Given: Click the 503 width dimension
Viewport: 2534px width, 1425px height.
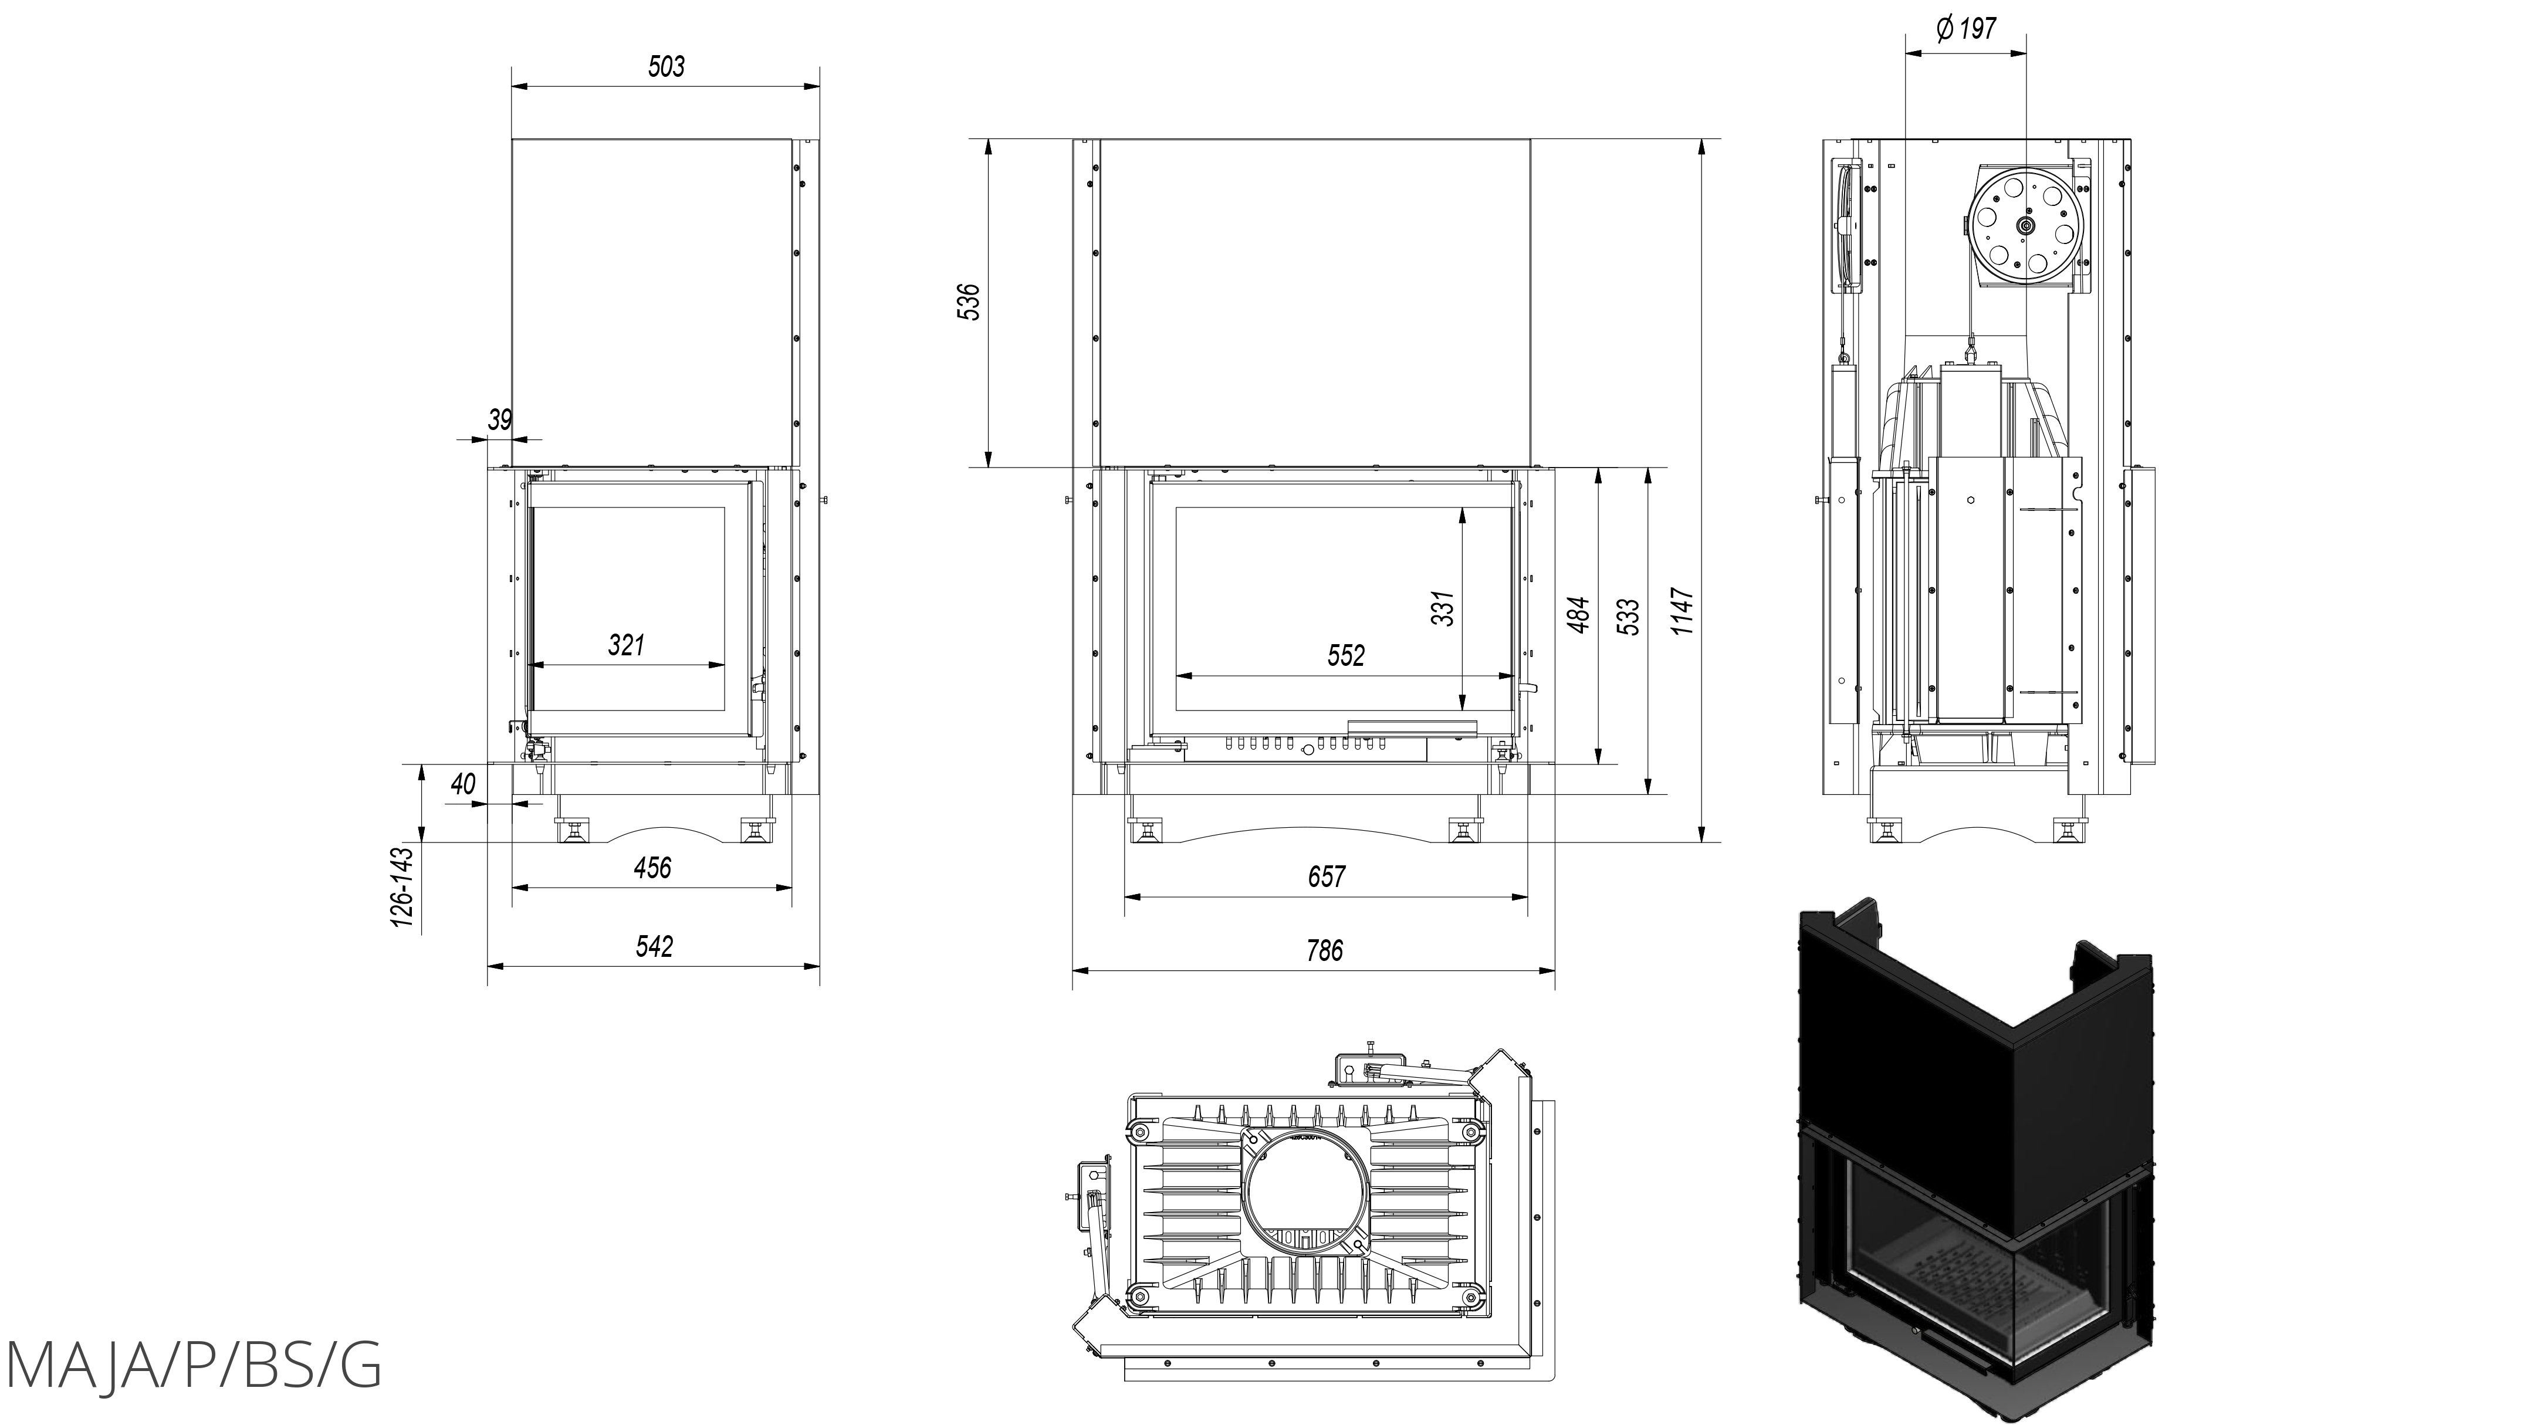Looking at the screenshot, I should click(666, 67).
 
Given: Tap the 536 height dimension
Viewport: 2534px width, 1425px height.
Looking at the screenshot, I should click(969, 302).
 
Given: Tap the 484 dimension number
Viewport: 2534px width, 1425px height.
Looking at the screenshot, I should click(1579, 615).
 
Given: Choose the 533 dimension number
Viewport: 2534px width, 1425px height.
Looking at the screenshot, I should click(1628, 617).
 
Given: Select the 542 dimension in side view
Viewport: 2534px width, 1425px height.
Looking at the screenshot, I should click(654, 946).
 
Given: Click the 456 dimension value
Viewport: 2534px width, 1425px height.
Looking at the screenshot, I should click(652, 868).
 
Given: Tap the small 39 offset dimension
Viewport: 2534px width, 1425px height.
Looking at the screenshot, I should click(500, 420).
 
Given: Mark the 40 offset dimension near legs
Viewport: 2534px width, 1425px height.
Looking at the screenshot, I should click(462, 784).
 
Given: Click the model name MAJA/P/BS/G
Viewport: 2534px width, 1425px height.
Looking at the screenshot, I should click(193, 1365).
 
